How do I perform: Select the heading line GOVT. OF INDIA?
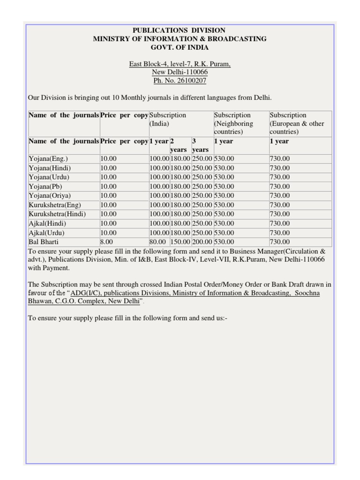pos(180,47)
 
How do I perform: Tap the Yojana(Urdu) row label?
pos(49,177)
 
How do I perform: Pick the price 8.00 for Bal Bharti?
pos(106,242)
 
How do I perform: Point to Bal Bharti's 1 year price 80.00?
pos(158,242)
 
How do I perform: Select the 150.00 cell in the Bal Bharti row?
pos(180,242)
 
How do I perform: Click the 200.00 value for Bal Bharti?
pos(202,242)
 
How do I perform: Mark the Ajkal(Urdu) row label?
pos(46,233)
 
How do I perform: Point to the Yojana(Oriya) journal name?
pos(50,195)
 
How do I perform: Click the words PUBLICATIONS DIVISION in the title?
pos(180,30)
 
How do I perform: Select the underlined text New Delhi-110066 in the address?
pos(180,72)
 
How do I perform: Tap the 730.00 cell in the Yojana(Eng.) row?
pos(280,159)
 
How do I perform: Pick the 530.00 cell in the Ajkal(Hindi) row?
pos(224,224)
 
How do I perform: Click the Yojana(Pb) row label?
pos(45,187)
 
